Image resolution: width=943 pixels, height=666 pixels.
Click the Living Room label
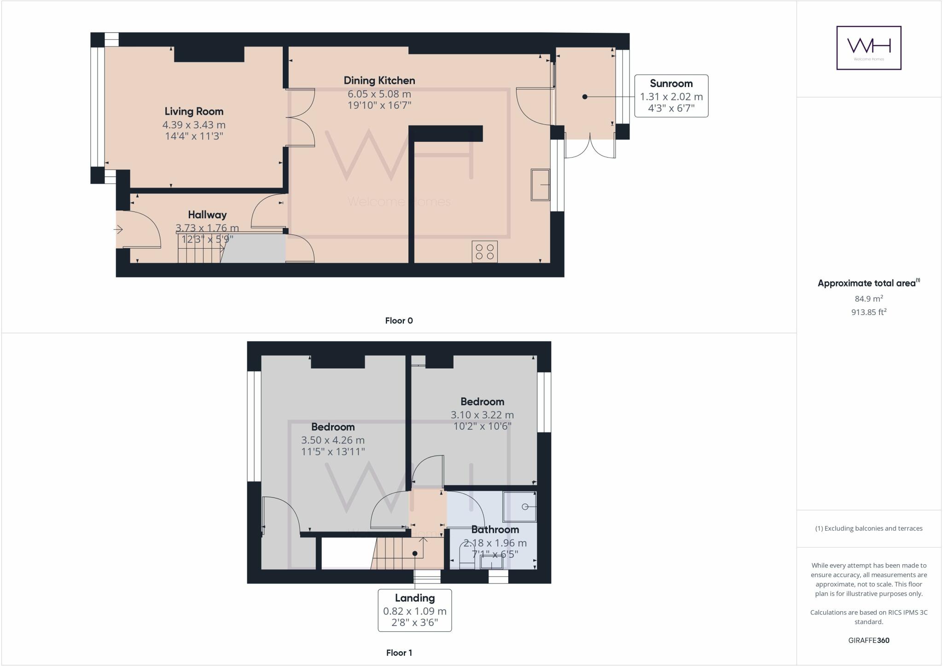pos(194,111)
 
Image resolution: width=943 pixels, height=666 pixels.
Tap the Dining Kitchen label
pos(379,81)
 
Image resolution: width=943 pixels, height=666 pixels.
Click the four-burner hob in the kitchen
pos(484,251)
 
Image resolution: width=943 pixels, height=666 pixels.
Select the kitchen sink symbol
pos(540,185)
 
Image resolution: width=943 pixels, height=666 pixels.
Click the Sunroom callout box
pos(671,96)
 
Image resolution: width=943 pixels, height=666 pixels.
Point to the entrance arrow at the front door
pos(119,229)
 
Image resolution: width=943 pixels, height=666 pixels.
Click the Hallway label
pos(207,215)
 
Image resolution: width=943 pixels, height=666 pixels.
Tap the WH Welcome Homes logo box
pos(868,48)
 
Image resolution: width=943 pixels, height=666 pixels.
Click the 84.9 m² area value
pos(868,298)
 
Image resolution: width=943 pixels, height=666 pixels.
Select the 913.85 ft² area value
pos(868,312)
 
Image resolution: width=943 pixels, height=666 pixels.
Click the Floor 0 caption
pos(399,321)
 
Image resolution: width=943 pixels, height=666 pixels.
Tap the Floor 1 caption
pos(399,653)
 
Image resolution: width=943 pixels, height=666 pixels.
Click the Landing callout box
pos(414,610)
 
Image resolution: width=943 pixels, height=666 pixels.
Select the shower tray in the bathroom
pos(519,507)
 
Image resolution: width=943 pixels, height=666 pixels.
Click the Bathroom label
pos(495,530)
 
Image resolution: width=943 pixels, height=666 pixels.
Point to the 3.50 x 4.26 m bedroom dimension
pos(332,440)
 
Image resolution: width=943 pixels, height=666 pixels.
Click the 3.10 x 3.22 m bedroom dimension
pos(482,415)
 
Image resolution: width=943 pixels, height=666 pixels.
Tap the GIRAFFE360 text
pos(868,640)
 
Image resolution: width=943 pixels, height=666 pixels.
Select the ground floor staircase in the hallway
pos(200,249)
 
